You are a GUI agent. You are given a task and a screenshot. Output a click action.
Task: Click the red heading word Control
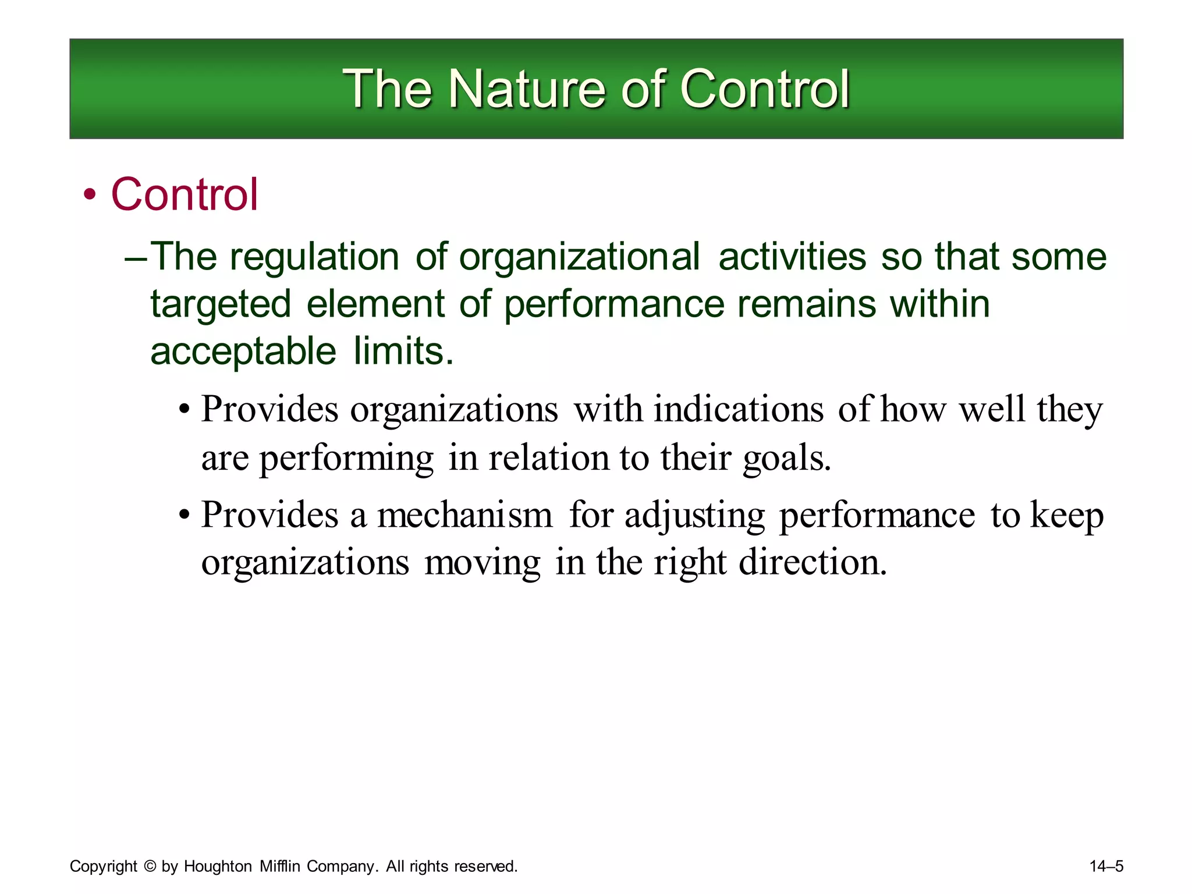[184, 194]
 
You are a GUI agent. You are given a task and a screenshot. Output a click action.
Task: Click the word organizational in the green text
[579, 257]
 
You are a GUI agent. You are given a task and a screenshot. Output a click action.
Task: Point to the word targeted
[221, 304]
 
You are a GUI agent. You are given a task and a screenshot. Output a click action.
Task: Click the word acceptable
[243, 352]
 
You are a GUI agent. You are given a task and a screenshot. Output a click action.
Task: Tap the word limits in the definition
[403, 352]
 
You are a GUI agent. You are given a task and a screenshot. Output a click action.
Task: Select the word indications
[739, 409]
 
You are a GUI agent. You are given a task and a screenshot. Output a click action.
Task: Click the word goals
[786, 457]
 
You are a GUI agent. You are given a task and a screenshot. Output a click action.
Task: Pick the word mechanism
[464, 516]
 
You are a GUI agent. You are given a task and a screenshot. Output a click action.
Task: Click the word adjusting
[694, 516]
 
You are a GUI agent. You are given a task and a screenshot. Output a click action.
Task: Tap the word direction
[813, 563]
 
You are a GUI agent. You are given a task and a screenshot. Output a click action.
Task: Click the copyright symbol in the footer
[150, 866]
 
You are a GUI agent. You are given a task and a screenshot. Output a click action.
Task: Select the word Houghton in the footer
[218, 866]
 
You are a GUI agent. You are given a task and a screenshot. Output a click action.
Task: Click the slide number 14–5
[1106, 866]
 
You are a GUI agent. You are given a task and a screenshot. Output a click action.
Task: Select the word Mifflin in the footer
[280, 866]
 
